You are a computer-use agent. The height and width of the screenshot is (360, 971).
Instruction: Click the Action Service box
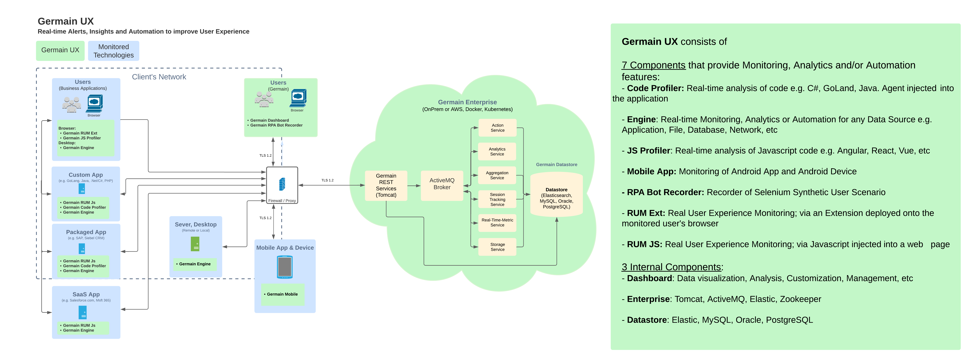(x=497, y=128)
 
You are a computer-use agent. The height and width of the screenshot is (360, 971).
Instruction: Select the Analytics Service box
(x=497, y=151)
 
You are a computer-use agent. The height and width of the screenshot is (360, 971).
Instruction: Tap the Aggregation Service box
(x=497, y=175)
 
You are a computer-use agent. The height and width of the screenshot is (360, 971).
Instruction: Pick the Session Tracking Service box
(x=497, y=199)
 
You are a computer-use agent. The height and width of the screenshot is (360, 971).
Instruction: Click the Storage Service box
(x=497, y=247)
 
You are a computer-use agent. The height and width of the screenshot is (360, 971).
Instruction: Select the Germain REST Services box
(x=386, y=185)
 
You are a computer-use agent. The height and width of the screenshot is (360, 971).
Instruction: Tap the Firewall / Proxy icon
(x=282, y=184)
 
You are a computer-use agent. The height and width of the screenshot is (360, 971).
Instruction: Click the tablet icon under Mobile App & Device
(x=285, y=267)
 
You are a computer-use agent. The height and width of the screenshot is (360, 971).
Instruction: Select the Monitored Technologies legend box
(x=113, y=51)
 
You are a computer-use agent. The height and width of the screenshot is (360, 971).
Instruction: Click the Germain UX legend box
(x=60, y=50)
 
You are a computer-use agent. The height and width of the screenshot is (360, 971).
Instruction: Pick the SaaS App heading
(x=86, y=294)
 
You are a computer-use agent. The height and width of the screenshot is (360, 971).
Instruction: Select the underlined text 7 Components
(x=653, y=65)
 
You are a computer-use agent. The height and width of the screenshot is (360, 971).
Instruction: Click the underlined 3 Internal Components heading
(x=671, y=267)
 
